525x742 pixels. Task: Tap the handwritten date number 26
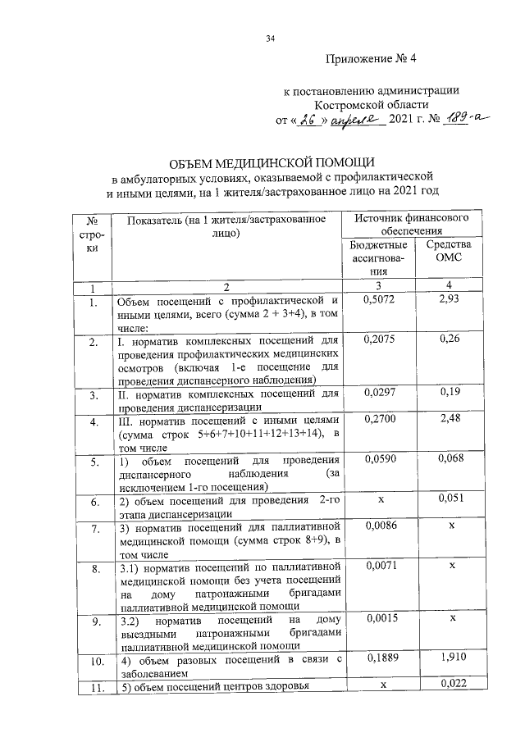click(x=308, y=120)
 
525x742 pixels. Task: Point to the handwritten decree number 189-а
click(x=462, y=119)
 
